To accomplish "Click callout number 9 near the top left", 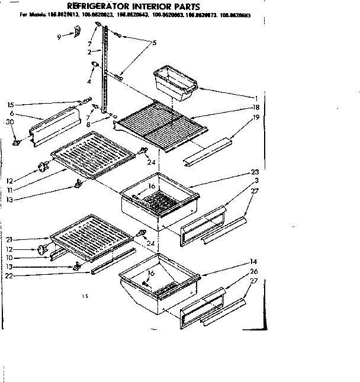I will (59, 37).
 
